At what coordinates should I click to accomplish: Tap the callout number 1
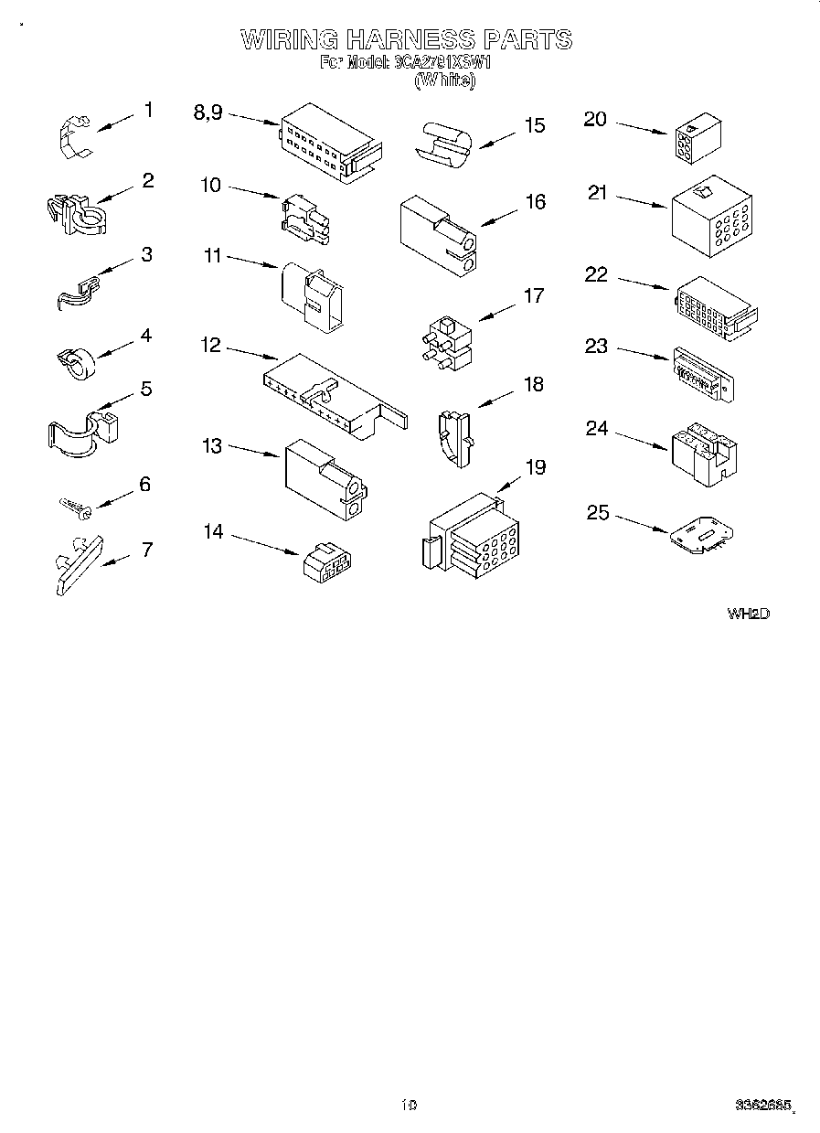[148, 111]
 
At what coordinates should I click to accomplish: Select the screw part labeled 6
[72, 505]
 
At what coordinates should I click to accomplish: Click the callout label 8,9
[208, 112]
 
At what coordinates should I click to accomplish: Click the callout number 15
[534, 125]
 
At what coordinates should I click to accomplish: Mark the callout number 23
[596, 347]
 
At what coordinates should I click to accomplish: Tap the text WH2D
[748, 614]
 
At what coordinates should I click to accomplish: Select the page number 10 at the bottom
[408, 1106]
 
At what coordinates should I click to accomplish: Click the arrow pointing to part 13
[253, 450]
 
